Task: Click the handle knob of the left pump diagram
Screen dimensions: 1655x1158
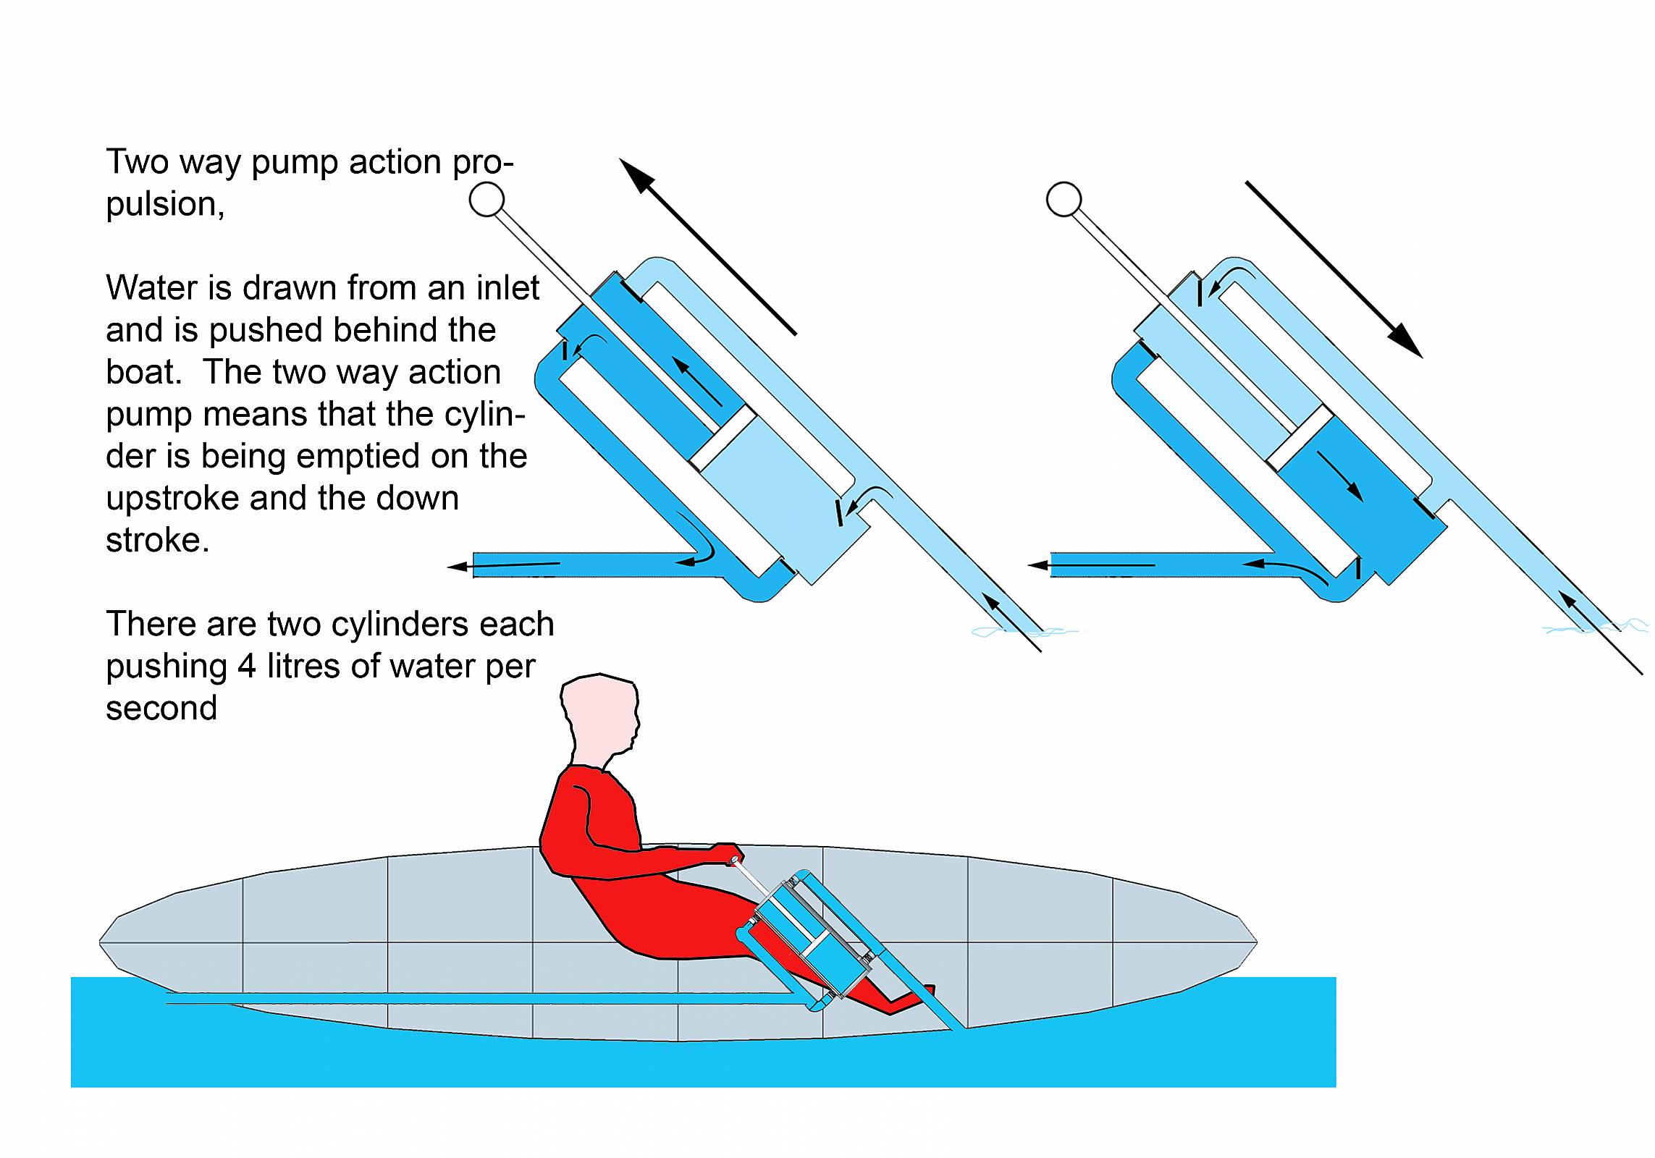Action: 487,199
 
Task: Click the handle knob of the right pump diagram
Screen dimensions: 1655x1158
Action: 1064,199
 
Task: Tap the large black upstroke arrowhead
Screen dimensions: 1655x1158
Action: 637,176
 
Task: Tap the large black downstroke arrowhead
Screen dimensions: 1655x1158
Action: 1405,340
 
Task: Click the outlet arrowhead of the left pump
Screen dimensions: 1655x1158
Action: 458,567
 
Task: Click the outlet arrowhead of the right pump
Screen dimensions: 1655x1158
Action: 1039,565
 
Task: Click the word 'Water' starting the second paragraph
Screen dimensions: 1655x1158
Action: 153,288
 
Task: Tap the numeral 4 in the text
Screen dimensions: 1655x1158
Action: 247,666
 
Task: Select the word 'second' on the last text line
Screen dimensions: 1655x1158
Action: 161,708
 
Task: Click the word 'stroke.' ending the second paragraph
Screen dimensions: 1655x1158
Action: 158,540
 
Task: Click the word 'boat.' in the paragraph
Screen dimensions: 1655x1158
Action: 143,372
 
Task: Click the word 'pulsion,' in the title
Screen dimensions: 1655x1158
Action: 165,205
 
